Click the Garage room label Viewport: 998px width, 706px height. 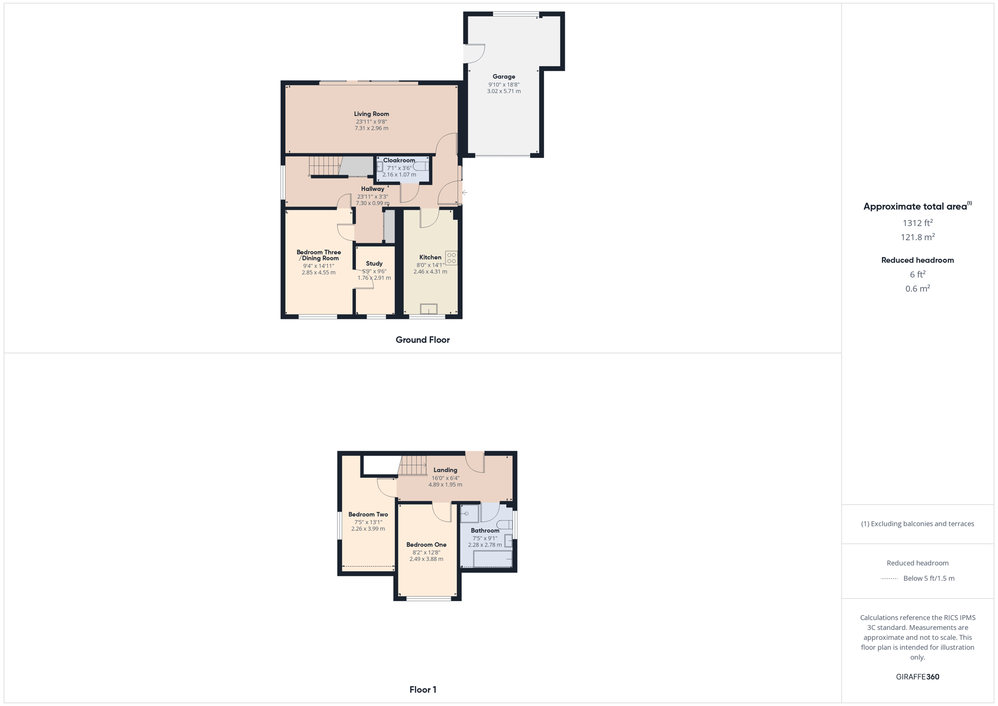(x=504, y=77)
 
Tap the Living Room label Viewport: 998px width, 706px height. (x=371, y=114)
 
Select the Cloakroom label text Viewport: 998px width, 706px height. (x=399, y=160)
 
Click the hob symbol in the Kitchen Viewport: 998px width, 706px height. (x=451, y=258)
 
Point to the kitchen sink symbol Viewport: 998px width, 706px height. (x=429, y=309)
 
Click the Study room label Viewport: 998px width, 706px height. (x=374, y=263)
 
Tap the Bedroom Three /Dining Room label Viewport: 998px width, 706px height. (x=319, y=255)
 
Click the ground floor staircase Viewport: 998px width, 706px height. (x=325, y=165)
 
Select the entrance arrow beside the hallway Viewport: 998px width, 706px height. (x=465, y=193)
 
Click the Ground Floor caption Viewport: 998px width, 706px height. (x=422, y=340)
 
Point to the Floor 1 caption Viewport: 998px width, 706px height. (x=422, y=689)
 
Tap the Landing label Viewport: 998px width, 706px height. (x=445, y=470)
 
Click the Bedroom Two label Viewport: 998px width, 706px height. (x=368, y=514)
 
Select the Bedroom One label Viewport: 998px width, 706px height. (x=426, y=545)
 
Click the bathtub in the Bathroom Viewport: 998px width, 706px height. (x=493, y=559)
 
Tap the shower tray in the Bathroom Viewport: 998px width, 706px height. (x=470, y=514)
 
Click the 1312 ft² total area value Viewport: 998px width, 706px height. (x=918, y=223)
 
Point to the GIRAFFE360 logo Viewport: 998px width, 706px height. (x=918, y=677)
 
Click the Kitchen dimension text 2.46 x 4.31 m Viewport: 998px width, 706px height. (x=430, y=272)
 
